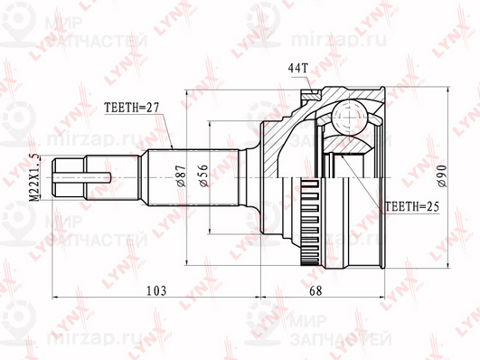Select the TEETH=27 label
[x=131, y=106]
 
